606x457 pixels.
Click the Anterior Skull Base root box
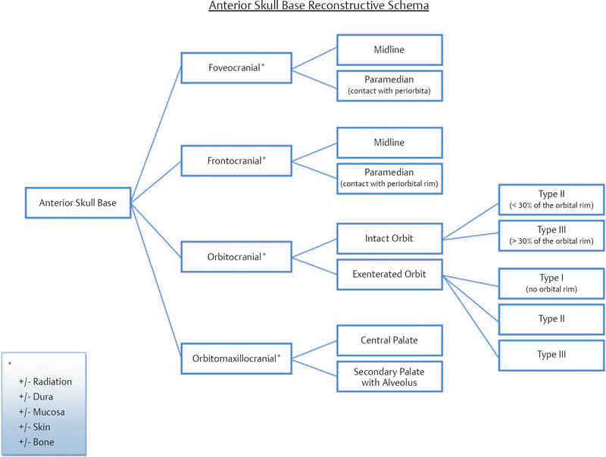77,202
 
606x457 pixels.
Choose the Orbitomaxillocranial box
236,358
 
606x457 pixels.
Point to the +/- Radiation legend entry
45,381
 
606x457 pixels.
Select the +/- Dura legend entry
37,396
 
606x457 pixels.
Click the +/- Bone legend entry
37,441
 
